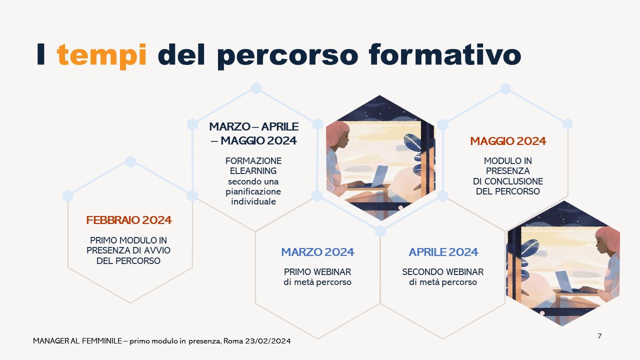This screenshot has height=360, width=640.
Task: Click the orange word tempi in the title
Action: pos(101,55)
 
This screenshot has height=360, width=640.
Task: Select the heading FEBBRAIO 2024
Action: pos(129,220)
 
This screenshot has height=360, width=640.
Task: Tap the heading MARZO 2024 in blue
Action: pos(317,252)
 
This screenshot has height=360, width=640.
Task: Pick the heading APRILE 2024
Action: pos(443,252)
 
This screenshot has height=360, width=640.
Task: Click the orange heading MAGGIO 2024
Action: pos(508,141)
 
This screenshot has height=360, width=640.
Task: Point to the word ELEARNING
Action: pos(253,171)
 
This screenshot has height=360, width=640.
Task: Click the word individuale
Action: pos(253,201)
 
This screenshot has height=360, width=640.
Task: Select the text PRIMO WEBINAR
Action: pos(317,271)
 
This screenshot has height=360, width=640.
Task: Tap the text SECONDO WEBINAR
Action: pos(443,271)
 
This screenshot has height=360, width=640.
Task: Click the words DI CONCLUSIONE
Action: pos(508,181)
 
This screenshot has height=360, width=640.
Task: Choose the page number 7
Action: pos(599,336)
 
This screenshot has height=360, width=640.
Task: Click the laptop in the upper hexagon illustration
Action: pos(379,176)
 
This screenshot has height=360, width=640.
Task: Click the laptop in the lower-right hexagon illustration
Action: pos(565,281)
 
